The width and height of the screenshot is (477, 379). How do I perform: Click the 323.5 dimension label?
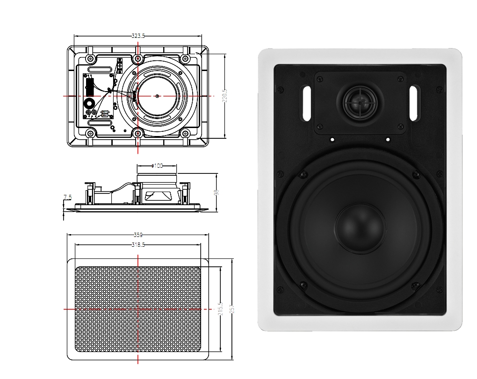[x=138, y=36]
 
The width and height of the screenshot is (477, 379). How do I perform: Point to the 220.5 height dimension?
[x=225, y=96]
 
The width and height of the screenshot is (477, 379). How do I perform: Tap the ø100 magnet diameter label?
[x=157, y=166]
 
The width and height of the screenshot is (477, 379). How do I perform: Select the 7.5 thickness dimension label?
[x=68, y=198]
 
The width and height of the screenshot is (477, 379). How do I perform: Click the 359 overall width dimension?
[x=138, y=235]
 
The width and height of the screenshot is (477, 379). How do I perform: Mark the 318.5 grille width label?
[x=138, y=245]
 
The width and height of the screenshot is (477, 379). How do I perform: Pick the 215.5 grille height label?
[x=221, y=309]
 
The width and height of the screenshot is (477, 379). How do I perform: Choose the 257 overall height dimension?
[x=231, y=309]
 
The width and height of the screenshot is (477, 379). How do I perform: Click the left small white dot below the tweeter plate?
[x=332, y=139]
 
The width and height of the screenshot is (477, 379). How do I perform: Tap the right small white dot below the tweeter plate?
[x=388, y=139]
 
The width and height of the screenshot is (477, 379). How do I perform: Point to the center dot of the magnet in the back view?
[x=157, y=96]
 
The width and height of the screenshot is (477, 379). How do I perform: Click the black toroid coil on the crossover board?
[x=88, y=104]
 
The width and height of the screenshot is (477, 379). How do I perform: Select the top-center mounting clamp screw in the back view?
[x=137, y=59]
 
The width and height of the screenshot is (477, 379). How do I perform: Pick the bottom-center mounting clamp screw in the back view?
[x=137, y=134]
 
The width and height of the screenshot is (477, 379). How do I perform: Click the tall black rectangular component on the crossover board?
[x=89, y=86]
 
